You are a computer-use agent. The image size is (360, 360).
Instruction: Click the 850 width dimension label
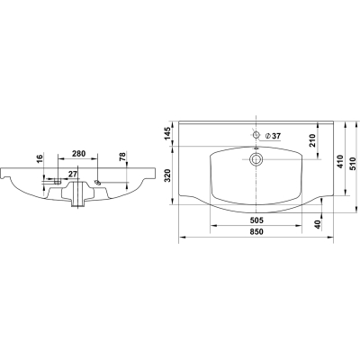point(256,231)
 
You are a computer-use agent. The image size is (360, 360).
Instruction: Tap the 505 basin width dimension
point(256,220)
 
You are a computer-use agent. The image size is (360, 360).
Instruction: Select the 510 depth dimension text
point(353,164)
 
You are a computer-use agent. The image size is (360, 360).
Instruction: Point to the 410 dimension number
point(339,161)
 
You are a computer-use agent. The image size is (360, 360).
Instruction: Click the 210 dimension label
point(312,140)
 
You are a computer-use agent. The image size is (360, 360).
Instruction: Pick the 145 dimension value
point(168,133)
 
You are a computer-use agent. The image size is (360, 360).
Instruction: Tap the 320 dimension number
point(168,175)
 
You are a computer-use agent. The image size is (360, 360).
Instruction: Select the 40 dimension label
point(318,223)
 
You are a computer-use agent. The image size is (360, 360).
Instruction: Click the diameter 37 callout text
point(274,136)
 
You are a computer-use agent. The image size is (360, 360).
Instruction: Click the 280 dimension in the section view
point(79,154)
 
